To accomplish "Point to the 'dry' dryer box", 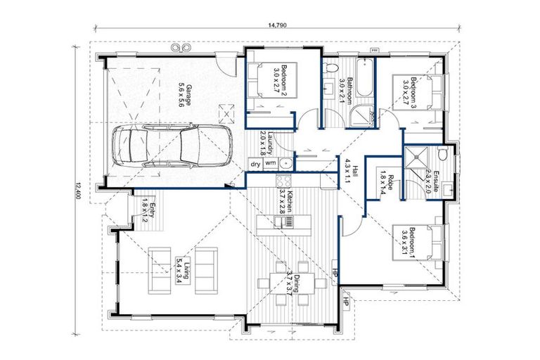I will [255, 164].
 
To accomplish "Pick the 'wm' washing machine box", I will [270, 164].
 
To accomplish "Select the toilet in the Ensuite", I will [442, 154].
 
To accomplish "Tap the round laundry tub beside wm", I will [285, 164].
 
